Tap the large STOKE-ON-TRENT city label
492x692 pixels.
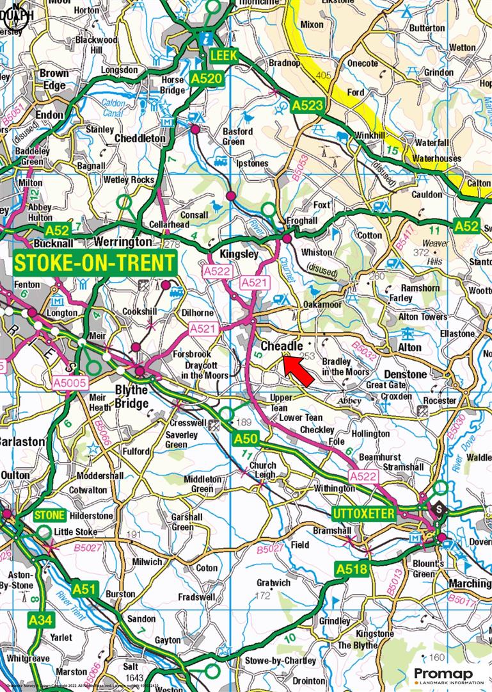pyautogui.click(x=95, y=263)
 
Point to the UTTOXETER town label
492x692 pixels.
pyautogui.click(x=363, y=514)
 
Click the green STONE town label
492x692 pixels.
pyautogui.click(x=49, y=515)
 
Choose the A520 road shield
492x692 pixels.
pyautogui.click(x=206, y=79)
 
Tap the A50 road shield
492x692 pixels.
pyautogui.click(x=245, y=439)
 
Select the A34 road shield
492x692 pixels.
pyautogui.click(x=39, y=620)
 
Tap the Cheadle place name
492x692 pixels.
pyautogui.click(x=282, y=345)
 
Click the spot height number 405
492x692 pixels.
pyautogui.click(x=323, y=76)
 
